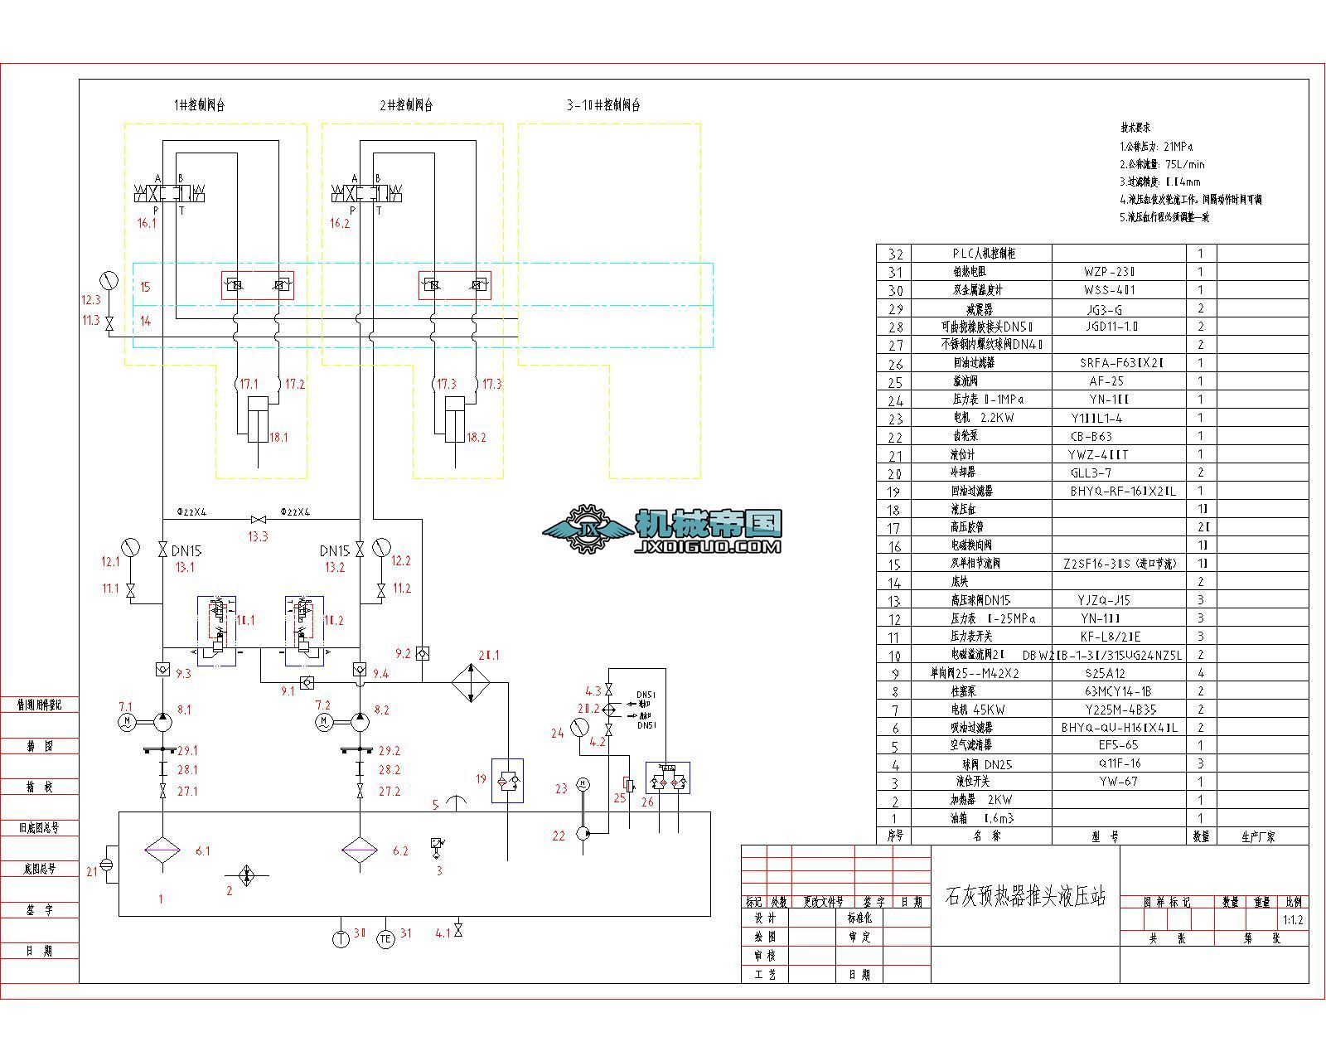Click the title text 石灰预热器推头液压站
[1025, 897]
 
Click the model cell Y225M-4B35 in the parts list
[1120, 710]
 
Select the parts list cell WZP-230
[1108, 272]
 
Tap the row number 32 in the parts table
[895, 254]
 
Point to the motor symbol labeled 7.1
[127, 722]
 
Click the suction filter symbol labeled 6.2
[360, 850]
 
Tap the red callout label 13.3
[258, 536]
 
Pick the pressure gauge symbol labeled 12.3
[108, 279]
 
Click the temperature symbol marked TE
[385, 939]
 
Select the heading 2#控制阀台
[406, 105]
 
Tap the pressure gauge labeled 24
[579, 726]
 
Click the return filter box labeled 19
[507, 780]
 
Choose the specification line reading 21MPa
[1156, 146]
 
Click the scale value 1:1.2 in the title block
[1292, 919]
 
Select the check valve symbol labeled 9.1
[307, 682]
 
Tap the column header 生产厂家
[1258, 836]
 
